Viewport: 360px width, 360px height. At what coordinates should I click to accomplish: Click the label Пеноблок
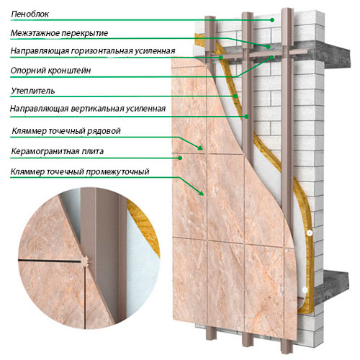30,14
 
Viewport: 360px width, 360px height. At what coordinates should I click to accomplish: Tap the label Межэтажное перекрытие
59,33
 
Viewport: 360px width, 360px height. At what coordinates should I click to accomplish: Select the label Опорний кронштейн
50,71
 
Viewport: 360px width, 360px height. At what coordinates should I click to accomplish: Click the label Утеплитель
33,91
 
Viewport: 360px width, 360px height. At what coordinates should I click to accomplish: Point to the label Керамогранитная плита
58,151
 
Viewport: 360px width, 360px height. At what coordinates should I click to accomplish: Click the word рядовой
104,131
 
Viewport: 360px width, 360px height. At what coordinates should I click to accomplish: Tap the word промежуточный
117,172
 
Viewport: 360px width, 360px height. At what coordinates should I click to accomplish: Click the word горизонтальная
102,51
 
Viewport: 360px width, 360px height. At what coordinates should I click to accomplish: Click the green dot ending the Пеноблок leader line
272,20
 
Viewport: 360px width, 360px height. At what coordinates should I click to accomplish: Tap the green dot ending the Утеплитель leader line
235,96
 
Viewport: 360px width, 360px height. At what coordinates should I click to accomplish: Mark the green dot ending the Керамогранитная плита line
180,158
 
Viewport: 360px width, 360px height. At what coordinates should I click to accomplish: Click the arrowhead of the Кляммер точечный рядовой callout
201,148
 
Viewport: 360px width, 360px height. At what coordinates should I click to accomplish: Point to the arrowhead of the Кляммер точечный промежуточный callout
202,193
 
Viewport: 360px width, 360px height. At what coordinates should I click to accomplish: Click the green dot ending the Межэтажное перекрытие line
268,47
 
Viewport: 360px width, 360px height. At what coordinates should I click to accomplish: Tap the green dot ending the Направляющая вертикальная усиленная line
246,117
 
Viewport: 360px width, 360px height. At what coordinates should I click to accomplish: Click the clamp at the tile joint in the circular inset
86,261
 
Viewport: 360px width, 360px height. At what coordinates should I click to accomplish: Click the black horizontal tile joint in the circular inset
50,261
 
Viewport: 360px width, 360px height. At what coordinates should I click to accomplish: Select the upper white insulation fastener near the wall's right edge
310,233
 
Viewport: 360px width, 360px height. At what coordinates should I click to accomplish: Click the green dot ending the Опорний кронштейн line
272,58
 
